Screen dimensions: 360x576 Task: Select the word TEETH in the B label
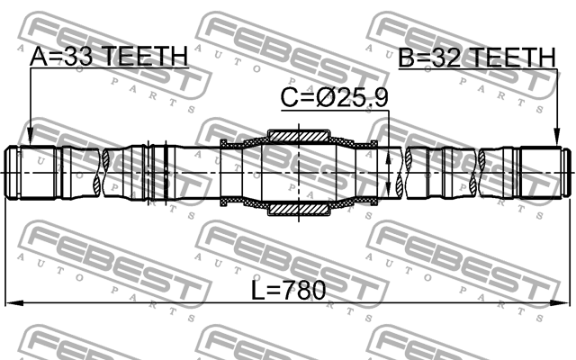(511, 58)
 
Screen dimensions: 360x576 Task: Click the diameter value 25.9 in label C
(363, 98)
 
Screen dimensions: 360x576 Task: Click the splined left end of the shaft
(36, 173)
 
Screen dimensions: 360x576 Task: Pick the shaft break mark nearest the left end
(111, 173)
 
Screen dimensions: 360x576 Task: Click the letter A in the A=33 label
(39, 57)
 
